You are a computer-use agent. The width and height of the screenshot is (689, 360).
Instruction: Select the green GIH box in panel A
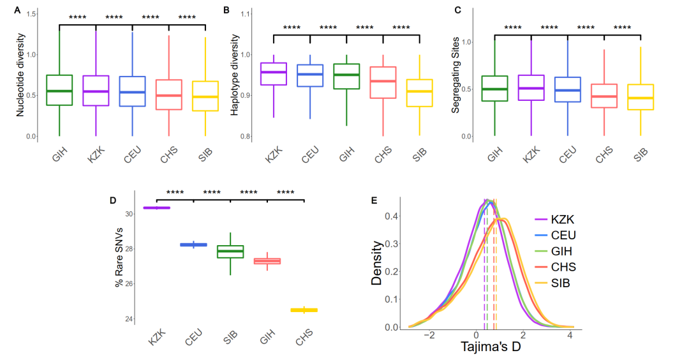59,90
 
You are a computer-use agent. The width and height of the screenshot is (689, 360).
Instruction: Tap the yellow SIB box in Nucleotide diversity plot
205,96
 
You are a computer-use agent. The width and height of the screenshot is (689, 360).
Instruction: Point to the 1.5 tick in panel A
31,13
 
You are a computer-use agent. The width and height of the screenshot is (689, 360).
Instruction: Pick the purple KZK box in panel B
274,73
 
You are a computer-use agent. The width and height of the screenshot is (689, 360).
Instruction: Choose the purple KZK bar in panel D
157,207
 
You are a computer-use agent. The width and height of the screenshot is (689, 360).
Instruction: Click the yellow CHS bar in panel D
304,310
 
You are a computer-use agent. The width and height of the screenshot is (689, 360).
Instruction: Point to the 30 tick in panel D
130,213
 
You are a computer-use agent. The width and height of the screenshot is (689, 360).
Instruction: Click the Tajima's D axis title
491,349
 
